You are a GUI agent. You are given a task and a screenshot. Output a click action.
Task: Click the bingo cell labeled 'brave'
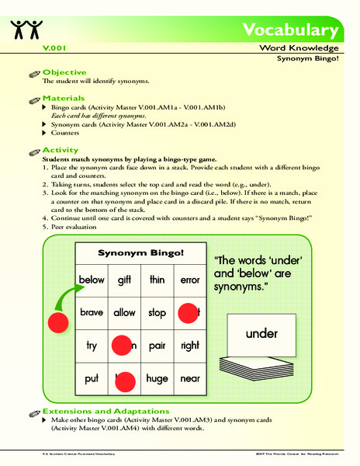(x=92, y=311)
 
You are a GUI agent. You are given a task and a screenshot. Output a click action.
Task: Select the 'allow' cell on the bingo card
(x=125, y=311)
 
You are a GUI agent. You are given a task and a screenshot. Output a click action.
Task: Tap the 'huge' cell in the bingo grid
(x=157, y=378)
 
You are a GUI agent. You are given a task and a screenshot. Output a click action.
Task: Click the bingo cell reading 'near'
(x=189, y=378)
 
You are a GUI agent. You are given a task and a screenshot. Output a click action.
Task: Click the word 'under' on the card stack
(x=261, y=334)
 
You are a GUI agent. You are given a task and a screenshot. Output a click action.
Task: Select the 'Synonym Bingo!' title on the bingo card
(x=140, y=254)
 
